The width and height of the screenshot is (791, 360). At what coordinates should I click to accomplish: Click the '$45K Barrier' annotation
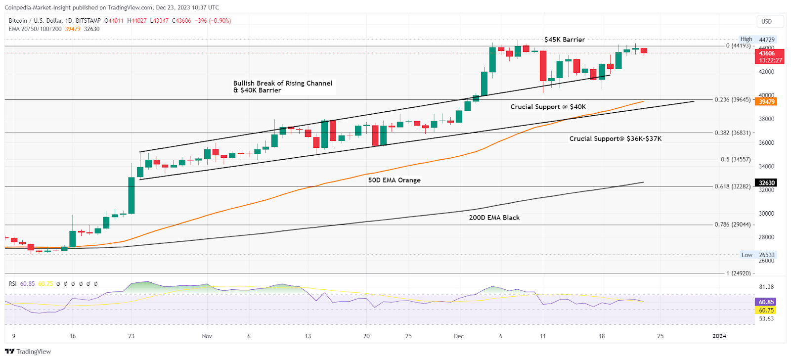[564, 40]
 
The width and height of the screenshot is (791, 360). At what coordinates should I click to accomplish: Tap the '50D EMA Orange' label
[394, 180]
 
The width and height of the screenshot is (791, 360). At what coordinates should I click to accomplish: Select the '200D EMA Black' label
[494, 218]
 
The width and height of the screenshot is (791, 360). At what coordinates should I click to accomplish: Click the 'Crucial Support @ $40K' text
[548, 107]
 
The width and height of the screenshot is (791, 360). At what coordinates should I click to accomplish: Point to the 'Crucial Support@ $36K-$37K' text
[615, 139]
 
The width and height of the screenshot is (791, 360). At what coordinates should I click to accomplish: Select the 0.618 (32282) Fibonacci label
[732, 186]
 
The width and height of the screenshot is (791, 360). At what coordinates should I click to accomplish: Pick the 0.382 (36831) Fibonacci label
[732, 133]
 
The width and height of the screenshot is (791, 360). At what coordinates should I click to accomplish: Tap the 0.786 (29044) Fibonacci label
[732, 225]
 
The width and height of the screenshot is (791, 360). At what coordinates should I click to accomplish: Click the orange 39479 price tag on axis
[766, 102]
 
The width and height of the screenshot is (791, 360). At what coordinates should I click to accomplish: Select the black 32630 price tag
[766, 183]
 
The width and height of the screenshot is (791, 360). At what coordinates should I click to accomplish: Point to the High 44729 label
[757, 40]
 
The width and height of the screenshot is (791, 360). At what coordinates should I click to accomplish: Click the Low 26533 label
[758, 255]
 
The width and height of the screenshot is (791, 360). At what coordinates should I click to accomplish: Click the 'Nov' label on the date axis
[207, 336]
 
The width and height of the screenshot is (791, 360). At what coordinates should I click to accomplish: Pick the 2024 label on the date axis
[719, 336]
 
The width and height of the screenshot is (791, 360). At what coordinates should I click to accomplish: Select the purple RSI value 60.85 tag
[766, 302]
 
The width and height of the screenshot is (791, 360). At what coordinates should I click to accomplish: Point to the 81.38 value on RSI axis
[766, 287]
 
